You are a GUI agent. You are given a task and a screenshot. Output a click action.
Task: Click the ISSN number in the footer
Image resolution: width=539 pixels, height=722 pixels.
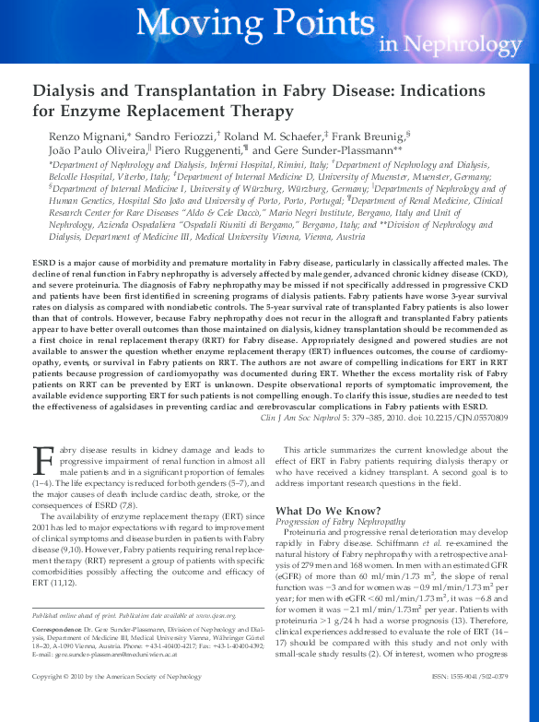point(468,702)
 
